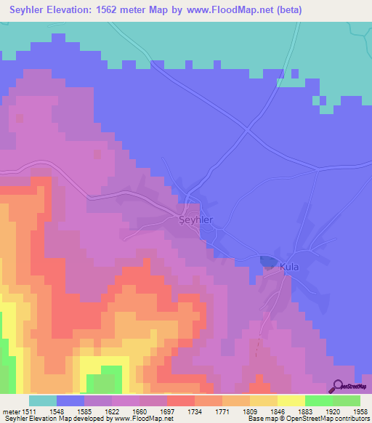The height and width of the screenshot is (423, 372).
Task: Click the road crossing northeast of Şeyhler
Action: [248, 131]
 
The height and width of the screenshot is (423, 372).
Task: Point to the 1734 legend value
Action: [195, 411]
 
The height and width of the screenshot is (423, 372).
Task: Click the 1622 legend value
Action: [112, 411]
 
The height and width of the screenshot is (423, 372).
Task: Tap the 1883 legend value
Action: [305, 411]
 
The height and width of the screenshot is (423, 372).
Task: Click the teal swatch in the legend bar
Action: [43, 400]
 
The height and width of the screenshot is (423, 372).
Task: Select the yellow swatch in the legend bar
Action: [291, 400]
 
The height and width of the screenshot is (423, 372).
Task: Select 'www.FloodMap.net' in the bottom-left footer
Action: [145, 419]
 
